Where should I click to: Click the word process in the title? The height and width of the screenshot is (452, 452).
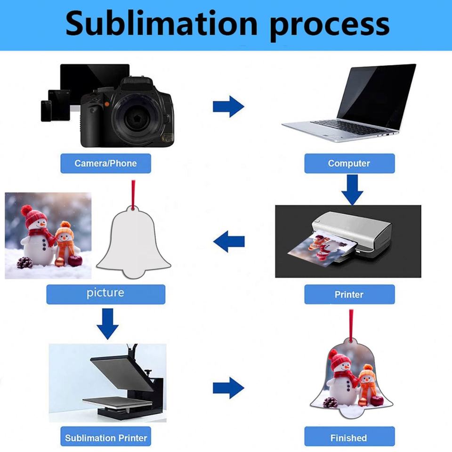point(330,24)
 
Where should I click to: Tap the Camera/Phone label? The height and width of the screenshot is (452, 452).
point(105,163)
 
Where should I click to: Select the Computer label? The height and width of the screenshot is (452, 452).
point(349,163)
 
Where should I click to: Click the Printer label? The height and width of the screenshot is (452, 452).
point(349,294)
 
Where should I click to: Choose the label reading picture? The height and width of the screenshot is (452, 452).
point(105,293)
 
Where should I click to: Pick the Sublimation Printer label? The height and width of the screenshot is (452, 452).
point(106,438)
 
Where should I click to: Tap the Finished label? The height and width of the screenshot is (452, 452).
point(348,438)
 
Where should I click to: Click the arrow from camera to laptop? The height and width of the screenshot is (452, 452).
point(228,106)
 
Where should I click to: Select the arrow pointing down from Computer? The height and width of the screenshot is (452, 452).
point(352,189)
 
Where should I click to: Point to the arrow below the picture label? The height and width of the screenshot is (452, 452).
point(108,323)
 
